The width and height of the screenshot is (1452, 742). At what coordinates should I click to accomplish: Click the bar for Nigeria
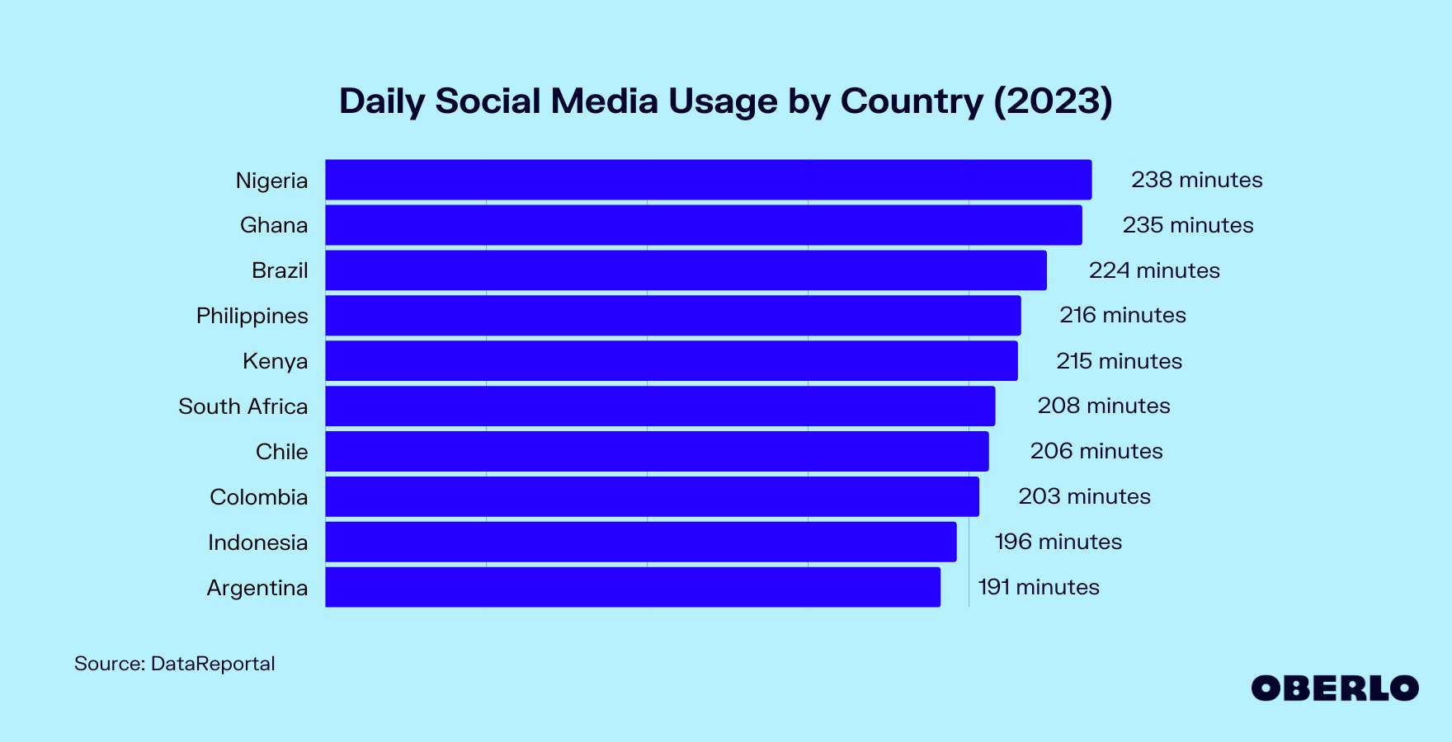tap(708, 180)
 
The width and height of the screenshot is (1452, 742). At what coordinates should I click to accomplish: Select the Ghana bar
tap(703, 225)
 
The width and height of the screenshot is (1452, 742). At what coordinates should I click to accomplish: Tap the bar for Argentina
tap(632, 587)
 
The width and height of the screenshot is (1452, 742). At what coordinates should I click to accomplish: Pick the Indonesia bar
tap(640, 542)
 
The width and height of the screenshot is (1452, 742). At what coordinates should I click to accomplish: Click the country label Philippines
tap(252, 316)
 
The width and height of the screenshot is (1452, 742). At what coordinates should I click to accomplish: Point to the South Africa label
tap(243, 406)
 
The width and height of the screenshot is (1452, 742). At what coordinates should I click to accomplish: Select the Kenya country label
tap(275, 361)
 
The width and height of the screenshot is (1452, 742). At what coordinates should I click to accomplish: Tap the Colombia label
tap(258, 497)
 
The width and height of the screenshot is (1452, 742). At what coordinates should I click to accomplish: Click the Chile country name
tap(281, 452)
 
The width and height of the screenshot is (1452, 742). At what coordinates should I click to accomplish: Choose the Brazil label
tap(280, 270)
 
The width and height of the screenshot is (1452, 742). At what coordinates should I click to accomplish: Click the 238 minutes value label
tap(1196, 180)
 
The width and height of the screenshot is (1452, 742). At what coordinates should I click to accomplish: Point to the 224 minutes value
tap(1153, 270)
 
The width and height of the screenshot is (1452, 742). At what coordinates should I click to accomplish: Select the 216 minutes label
tap(1122, 315)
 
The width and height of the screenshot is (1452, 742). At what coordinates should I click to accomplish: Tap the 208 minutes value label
tap(1103, 406)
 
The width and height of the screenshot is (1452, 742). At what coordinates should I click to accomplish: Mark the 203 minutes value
tap(1084, 496)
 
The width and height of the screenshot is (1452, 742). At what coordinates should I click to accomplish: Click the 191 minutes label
tap(1038, 587)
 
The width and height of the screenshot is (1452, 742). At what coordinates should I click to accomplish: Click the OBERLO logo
tap(1334, 688)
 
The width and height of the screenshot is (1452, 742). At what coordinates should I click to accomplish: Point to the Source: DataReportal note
tap(174, 664)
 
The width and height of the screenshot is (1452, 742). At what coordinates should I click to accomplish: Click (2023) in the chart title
tap(1053, 101)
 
